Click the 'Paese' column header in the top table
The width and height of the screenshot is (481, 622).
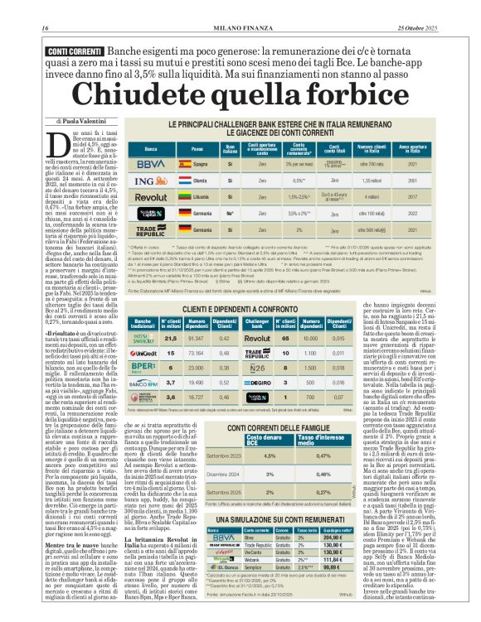coord(197,148)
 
